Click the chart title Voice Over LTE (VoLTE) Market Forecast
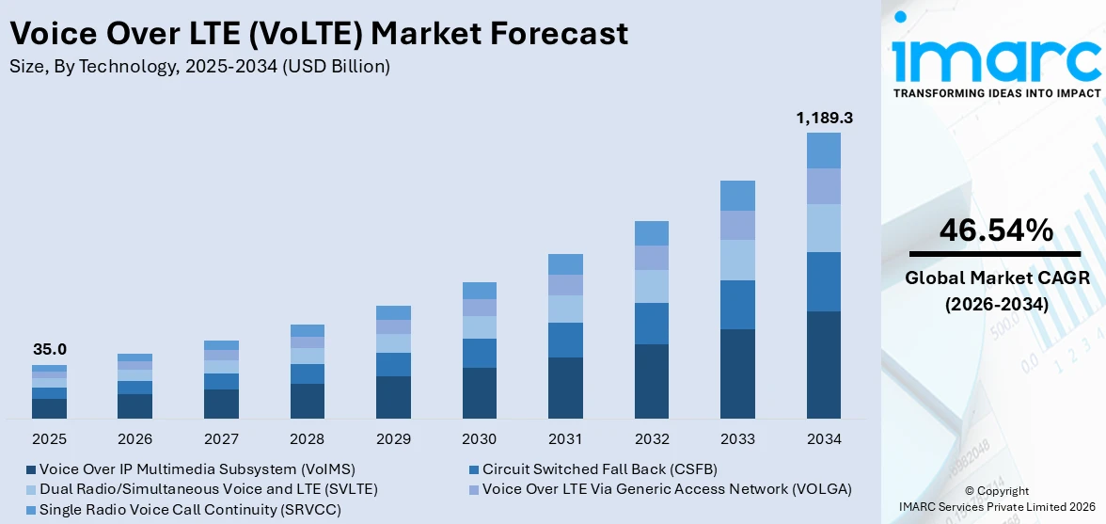coord(319,34)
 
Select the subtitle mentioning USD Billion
coord(198,67)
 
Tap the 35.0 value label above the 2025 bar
coord(50,349)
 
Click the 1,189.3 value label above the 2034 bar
coord(824,118)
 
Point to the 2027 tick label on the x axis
coord(221,439)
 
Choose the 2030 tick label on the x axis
coord(480,439)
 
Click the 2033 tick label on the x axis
coord(737,439)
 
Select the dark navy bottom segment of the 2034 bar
coord(824,365)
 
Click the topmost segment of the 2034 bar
coord(824,151)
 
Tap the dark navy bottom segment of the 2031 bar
coord(565,388)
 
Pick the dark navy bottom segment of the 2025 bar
coord(50,408)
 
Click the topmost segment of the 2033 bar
coord(737,196)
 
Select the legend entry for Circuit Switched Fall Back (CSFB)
coord(600,468)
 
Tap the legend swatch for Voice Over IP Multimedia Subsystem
coord(31,468)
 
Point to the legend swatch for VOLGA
coord(474,489)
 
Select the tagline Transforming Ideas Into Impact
coord(996,93)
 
